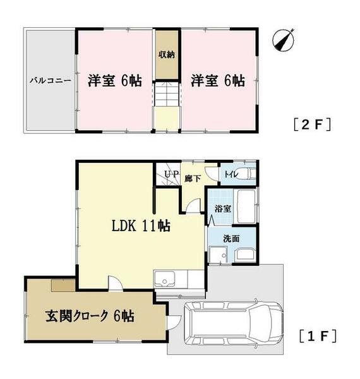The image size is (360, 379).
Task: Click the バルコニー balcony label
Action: (49, 81)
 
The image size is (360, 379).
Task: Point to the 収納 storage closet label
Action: (167, 54)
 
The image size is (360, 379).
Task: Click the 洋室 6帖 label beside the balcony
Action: (114, 81)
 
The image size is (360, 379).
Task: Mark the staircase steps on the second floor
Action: (167, 97)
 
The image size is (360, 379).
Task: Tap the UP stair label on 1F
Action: (171, 174)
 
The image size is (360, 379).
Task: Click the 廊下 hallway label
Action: (191, 178)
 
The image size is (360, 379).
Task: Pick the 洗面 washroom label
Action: (222, 239)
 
